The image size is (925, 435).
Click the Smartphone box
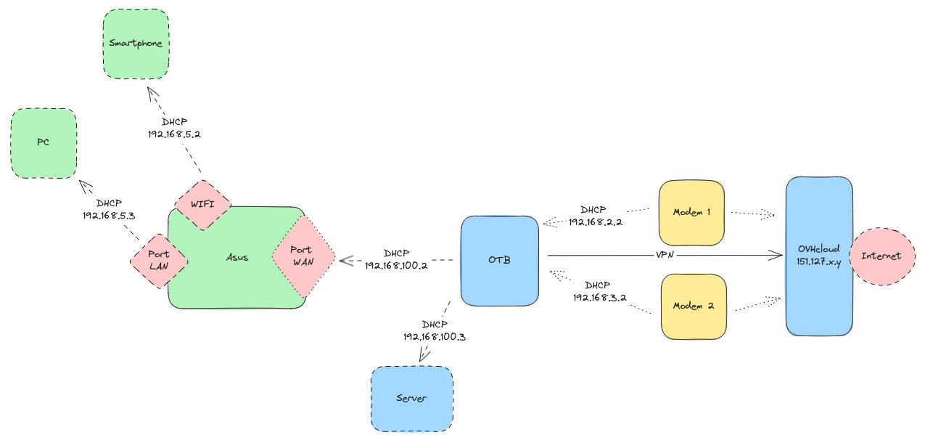tap(135, 44)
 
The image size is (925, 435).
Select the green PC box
tap(44, 143)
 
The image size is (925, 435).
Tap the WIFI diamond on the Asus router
tap(202, 203)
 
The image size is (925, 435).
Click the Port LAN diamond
tap(158, 260)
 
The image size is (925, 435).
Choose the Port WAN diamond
tap(302, 256)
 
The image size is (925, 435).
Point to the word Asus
tap(237, 258)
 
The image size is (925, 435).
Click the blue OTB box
tap(500, 260)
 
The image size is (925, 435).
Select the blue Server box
tap(411, 398)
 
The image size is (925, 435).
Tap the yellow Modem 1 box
tap(691, 214)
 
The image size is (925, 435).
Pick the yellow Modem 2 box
tap(693, 306)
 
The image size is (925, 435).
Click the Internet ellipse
tap(881, 256)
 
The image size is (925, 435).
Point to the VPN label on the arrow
tap(666, 255)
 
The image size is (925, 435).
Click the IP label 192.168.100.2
tap(396, 266)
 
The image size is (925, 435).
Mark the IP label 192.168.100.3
tap(435, 336)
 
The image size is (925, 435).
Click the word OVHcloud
tap(819, 249)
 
